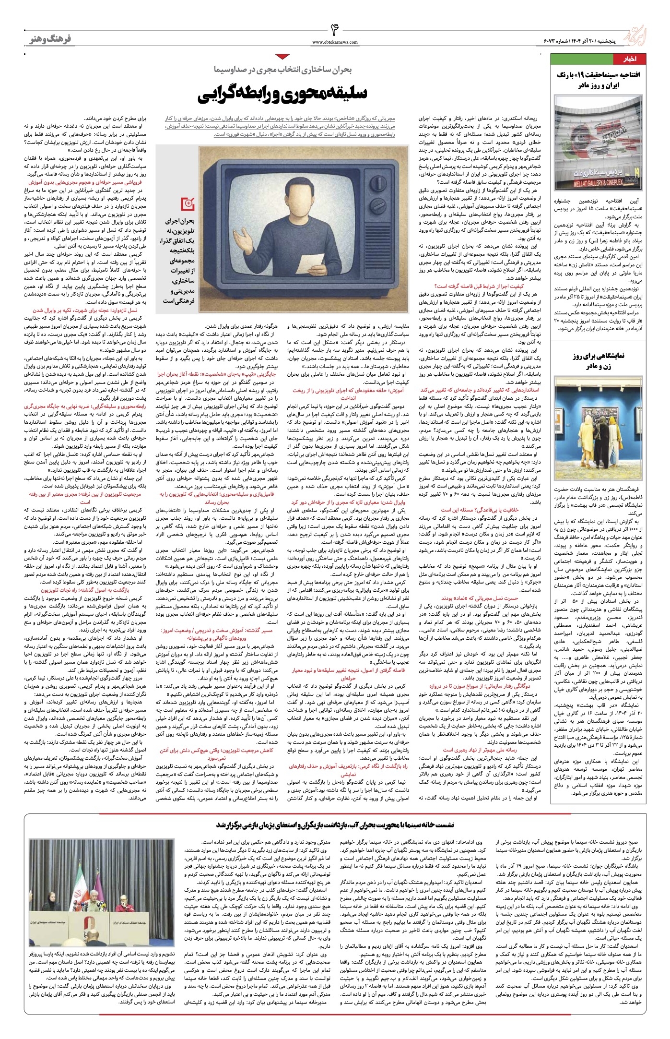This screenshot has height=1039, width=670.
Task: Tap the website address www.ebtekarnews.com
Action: coord(335,42)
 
